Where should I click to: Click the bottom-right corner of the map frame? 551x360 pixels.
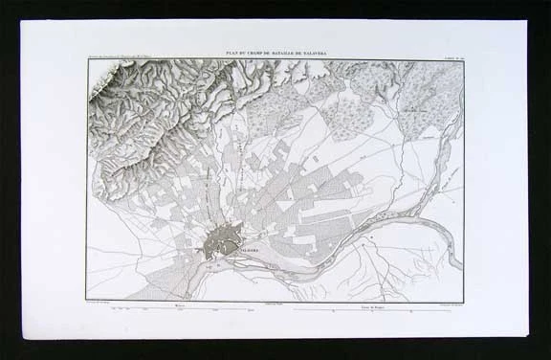(465, 300)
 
